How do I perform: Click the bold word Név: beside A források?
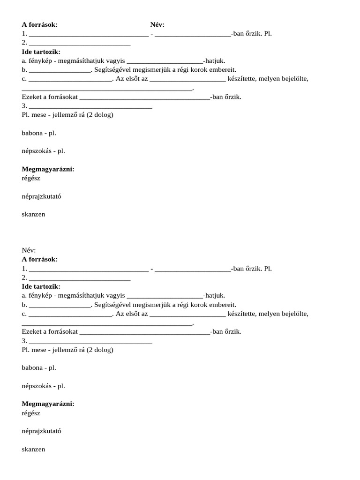pyautogui.click(x=157, y=24)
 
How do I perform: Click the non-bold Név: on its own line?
pyautogui.click(x=29, y=250)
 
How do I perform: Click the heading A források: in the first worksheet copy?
pyautogui.click(x=39, y=24)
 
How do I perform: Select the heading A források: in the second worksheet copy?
pyautogui.click(x=39, y=259)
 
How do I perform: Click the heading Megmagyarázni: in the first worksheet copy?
pyautogui.click(x=48, y=169)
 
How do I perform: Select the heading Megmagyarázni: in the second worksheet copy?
pyautogui.click(x=48, y=404)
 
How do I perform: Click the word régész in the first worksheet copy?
pyautogui.click(x=31, y=179)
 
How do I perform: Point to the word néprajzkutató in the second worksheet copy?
pyautogui.click(x=41, y=431)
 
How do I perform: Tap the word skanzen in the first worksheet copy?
pyautogui.click(x=33, y=215)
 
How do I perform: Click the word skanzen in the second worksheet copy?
pyautogui.click(x=33, y=449)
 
